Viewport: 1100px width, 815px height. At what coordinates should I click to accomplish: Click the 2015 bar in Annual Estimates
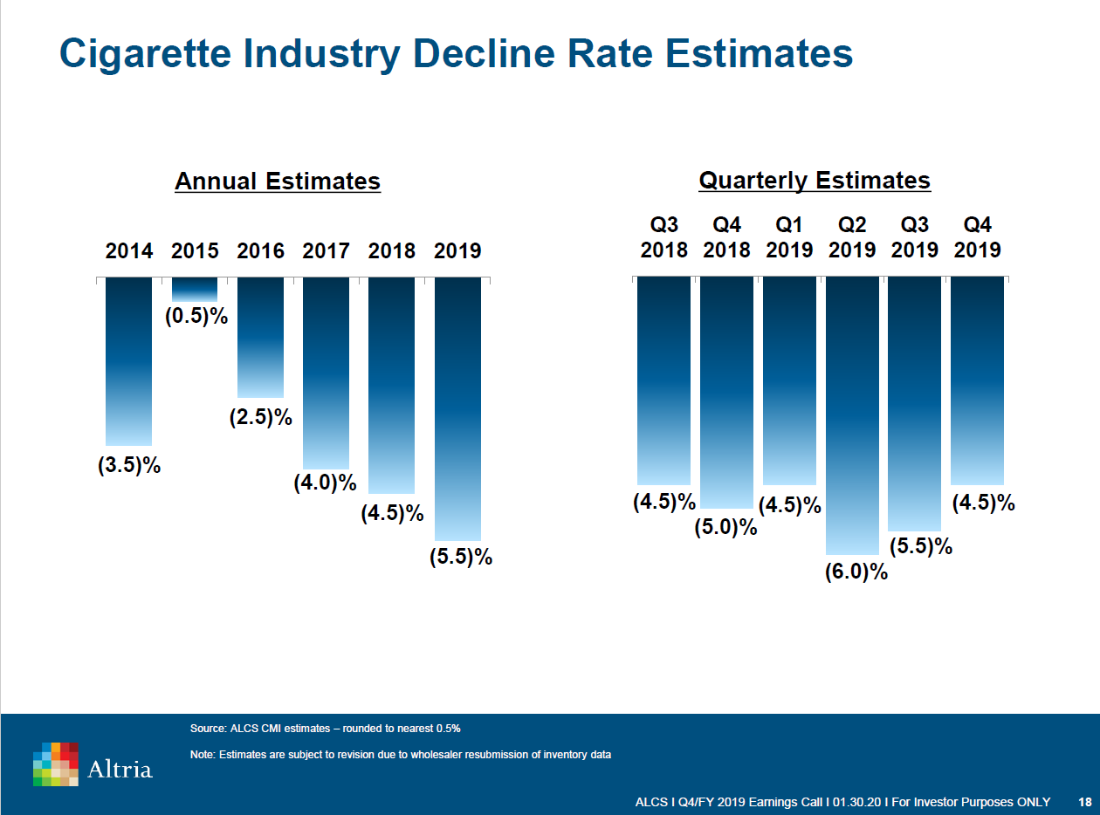pos(195,289)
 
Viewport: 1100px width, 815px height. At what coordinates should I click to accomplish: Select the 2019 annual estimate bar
pos(457,408)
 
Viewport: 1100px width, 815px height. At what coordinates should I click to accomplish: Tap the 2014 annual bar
pos(128,361)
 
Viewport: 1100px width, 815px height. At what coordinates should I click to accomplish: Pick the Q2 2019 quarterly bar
pos(852,415)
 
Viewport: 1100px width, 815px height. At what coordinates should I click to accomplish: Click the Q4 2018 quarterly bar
pos(726,392)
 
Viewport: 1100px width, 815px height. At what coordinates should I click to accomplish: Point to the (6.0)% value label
pos(856,572)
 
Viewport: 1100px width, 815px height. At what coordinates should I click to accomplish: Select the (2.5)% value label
pos(261,418)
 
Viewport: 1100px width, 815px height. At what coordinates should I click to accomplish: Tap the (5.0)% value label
pos(725,527)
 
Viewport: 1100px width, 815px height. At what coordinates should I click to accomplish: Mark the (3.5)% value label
pos(129,465)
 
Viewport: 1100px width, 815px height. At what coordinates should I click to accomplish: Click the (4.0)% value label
pos(326,483)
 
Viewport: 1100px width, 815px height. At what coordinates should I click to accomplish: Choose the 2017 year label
pos(326,251)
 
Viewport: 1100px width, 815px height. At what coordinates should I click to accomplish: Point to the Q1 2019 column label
pos(789,237)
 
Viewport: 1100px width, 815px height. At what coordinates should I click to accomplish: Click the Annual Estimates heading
pos(278,181)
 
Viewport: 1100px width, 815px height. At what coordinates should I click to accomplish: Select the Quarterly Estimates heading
pos(815,181)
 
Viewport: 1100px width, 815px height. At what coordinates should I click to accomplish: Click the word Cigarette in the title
pos(145,53)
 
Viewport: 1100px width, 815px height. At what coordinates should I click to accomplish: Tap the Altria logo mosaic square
pos(56,764)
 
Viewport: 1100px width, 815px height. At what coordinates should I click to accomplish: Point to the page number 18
pos(1085,802)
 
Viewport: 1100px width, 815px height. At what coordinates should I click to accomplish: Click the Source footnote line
pos(325,728)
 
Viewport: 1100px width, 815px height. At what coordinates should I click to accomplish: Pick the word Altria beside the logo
pos(120,769)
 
